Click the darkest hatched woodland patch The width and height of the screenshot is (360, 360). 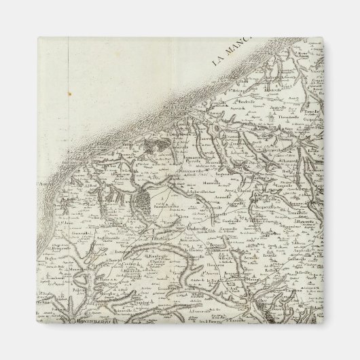(x=144, y=200)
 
